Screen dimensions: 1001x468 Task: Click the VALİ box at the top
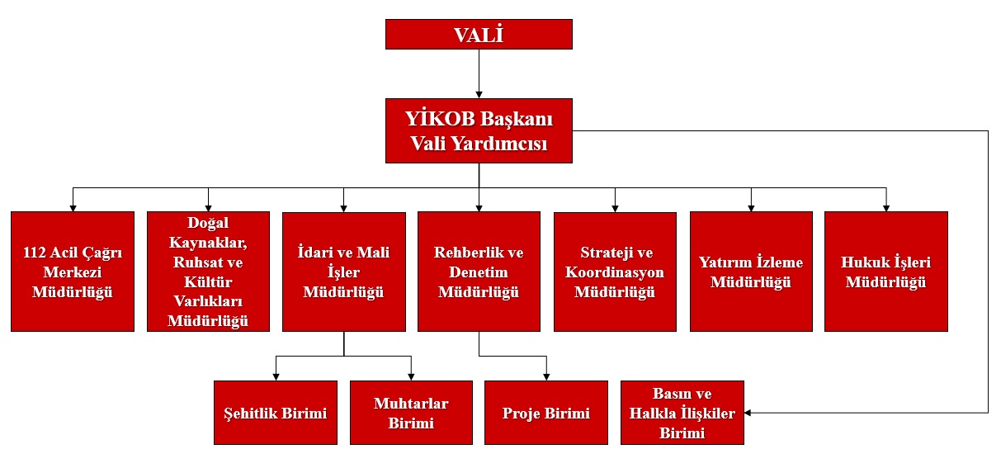coord(479,34)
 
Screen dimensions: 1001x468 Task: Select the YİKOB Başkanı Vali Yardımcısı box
coord(479,130)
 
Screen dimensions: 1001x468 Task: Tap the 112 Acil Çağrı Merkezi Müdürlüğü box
coord(73,272)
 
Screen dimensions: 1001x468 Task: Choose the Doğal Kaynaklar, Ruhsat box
coord(208,272)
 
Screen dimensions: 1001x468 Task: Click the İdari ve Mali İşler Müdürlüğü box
coord(343,272)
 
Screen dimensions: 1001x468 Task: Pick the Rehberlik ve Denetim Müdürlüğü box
coord(479,272)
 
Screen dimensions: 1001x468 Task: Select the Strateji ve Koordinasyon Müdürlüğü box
coord(615,272)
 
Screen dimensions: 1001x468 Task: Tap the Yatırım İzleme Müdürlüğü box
coord(751,272)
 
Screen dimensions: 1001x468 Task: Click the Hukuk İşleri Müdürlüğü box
coord(885,272)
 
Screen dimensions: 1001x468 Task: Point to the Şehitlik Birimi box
coord(276,413)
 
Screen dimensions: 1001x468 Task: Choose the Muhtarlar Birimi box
coord(411,413)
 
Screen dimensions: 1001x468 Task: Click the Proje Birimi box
coord(546,413)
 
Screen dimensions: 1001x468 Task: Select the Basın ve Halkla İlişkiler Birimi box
coord(682,413)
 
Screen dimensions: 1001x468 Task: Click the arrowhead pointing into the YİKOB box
coord(479,95)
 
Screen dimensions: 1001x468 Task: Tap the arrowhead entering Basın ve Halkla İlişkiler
coord(748,413)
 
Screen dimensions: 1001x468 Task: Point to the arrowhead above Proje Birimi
coord(546,377)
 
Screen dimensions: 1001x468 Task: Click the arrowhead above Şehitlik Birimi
coord(276,377)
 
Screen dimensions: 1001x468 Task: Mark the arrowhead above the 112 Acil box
coord(73,208)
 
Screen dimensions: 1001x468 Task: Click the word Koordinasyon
coord(615,272)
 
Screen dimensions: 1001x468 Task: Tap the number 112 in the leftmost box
coord(35,253)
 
